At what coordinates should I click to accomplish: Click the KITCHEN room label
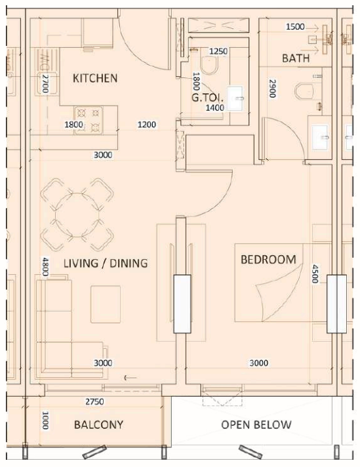pos(95,79)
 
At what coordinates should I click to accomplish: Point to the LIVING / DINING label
pos(105,263)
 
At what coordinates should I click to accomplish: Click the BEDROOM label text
pos(268,260)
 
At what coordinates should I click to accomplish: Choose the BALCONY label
pos(98,425)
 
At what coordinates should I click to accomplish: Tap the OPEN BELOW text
pos(256,425)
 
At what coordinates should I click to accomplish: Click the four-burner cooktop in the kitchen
pos(87,119)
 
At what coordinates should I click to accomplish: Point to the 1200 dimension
pos(146,124)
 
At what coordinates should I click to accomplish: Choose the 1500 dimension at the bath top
pos(296,27)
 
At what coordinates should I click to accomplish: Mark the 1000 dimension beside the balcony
pos(45,420)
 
